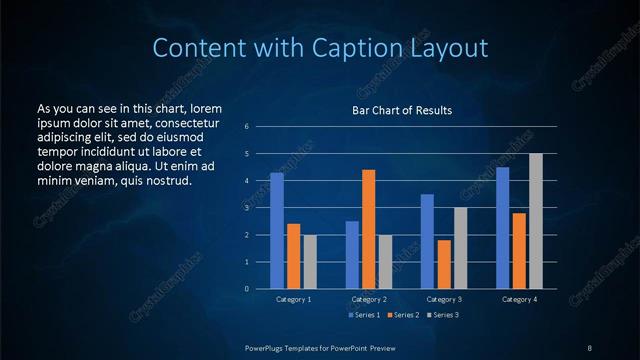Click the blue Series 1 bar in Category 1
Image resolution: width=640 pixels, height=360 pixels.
(277, 231)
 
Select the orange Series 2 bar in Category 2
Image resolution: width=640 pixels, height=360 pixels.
(369, 229)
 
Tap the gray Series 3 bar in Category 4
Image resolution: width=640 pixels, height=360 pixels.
(536, 221)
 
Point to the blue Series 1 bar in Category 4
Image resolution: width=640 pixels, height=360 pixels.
(503, 228)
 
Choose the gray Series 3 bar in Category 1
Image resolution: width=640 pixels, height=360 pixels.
(310, 262)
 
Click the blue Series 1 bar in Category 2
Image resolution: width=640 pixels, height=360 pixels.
(352, 255)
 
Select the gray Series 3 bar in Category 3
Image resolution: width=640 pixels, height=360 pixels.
(461, 248)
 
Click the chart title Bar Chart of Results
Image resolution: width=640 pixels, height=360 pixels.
(401, 110)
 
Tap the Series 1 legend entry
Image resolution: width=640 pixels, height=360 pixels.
(364, 315)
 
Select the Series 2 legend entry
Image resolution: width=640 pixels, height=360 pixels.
(402, 315)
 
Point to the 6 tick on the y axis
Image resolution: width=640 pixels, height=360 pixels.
(260, 127)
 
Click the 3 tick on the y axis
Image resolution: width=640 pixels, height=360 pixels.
(260, 208)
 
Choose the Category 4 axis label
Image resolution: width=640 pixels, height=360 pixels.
(519, 299)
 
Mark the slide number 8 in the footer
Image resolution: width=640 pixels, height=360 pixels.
(589, 347)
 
